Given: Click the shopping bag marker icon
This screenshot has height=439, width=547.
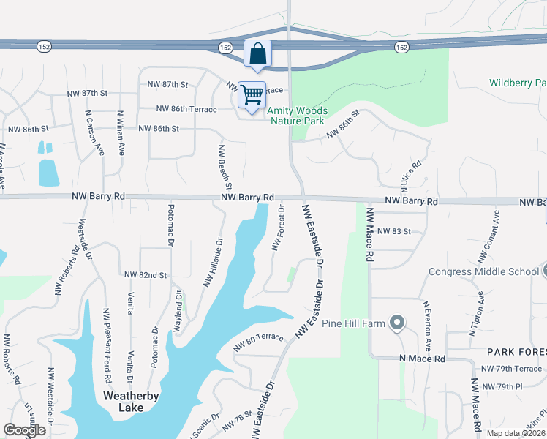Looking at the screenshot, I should (x=257, y=53).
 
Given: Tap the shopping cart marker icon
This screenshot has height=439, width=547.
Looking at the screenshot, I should (x=252, y=94).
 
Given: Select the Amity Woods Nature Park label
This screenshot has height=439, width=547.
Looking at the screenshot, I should (x=298, y=116).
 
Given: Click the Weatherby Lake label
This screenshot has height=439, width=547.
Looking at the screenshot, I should (x=131, y=402).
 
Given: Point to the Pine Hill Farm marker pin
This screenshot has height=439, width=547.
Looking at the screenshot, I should (x=397, y=322).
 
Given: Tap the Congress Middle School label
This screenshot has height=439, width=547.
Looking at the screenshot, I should (x=483, y=272).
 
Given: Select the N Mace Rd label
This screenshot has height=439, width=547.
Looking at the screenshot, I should (x=422, y=359).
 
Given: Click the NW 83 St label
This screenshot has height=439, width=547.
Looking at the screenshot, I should (x=395, y=231).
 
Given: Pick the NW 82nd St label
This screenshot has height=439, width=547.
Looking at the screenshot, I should (x=146, y=275).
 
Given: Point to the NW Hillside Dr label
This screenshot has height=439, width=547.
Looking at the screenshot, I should (x=211, y=262).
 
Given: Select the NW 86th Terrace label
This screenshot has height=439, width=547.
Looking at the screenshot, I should (x=186, y=109).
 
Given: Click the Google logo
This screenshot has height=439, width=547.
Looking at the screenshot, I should (x=24, y=430).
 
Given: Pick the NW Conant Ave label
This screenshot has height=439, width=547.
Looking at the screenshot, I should (x=488, y=236).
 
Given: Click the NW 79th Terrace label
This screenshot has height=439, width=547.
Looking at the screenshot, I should (x=511, y=369).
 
